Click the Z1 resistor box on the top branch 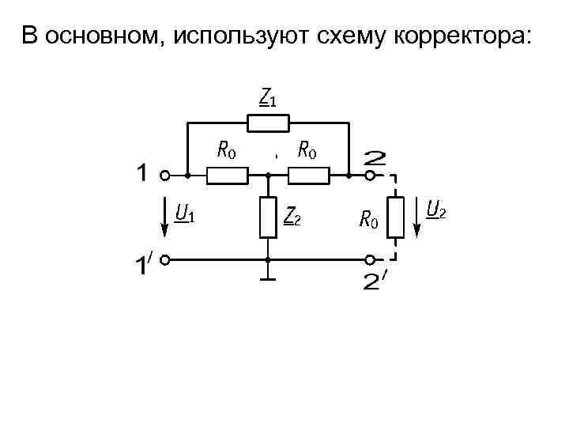269,123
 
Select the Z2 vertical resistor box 269,217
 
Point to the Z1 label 268,97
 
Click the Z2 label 292,216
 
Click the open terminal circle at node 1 166,176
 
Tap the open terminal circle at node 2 370,176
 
